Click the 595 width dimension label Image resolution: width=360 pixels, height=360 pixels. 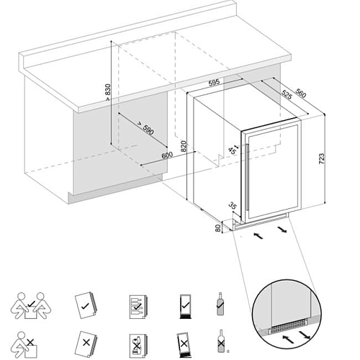point(214,83)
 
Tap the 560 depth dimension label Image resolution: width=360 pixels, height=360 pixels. point(301,94)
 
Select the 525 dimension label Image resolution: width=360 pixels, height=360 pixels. point(287,94)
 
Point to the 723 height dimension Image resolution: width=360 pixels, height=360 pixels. point(321,158)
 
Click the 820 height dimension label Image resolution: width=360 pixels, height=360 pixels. point(183,146)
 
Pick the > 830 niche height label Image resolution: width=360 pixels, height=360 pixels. point(108,92)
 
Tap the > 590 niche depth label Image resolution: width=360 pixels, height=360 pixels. point(145,128)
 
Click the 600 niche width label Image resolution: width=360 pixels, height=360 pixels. point(167,156)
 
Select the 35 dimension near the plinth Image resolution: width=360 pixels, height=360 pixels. point(233,206)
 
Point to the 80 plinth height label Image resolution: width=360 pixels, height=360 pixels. point(218,228)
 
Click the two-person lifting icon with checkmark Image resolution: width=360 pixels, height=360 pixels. point(31,306)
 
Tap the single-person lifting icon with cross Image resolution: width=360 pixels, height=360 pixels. point(25,345)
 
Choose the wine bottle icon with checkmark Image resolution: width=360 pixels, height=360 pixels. point(220,304)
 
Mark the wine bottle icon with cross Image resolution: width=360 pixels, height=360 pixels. point(221,341)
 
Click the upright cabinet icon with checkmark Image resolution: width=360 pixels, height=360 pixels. point(185,306)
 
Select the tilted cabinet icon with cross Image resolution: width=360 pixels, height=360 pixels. point(184,344)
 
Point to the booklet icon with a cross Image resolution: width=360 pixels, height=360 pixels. point(86,343)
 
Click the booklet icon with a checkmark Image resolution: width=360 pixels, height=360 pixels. point(85,305)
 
